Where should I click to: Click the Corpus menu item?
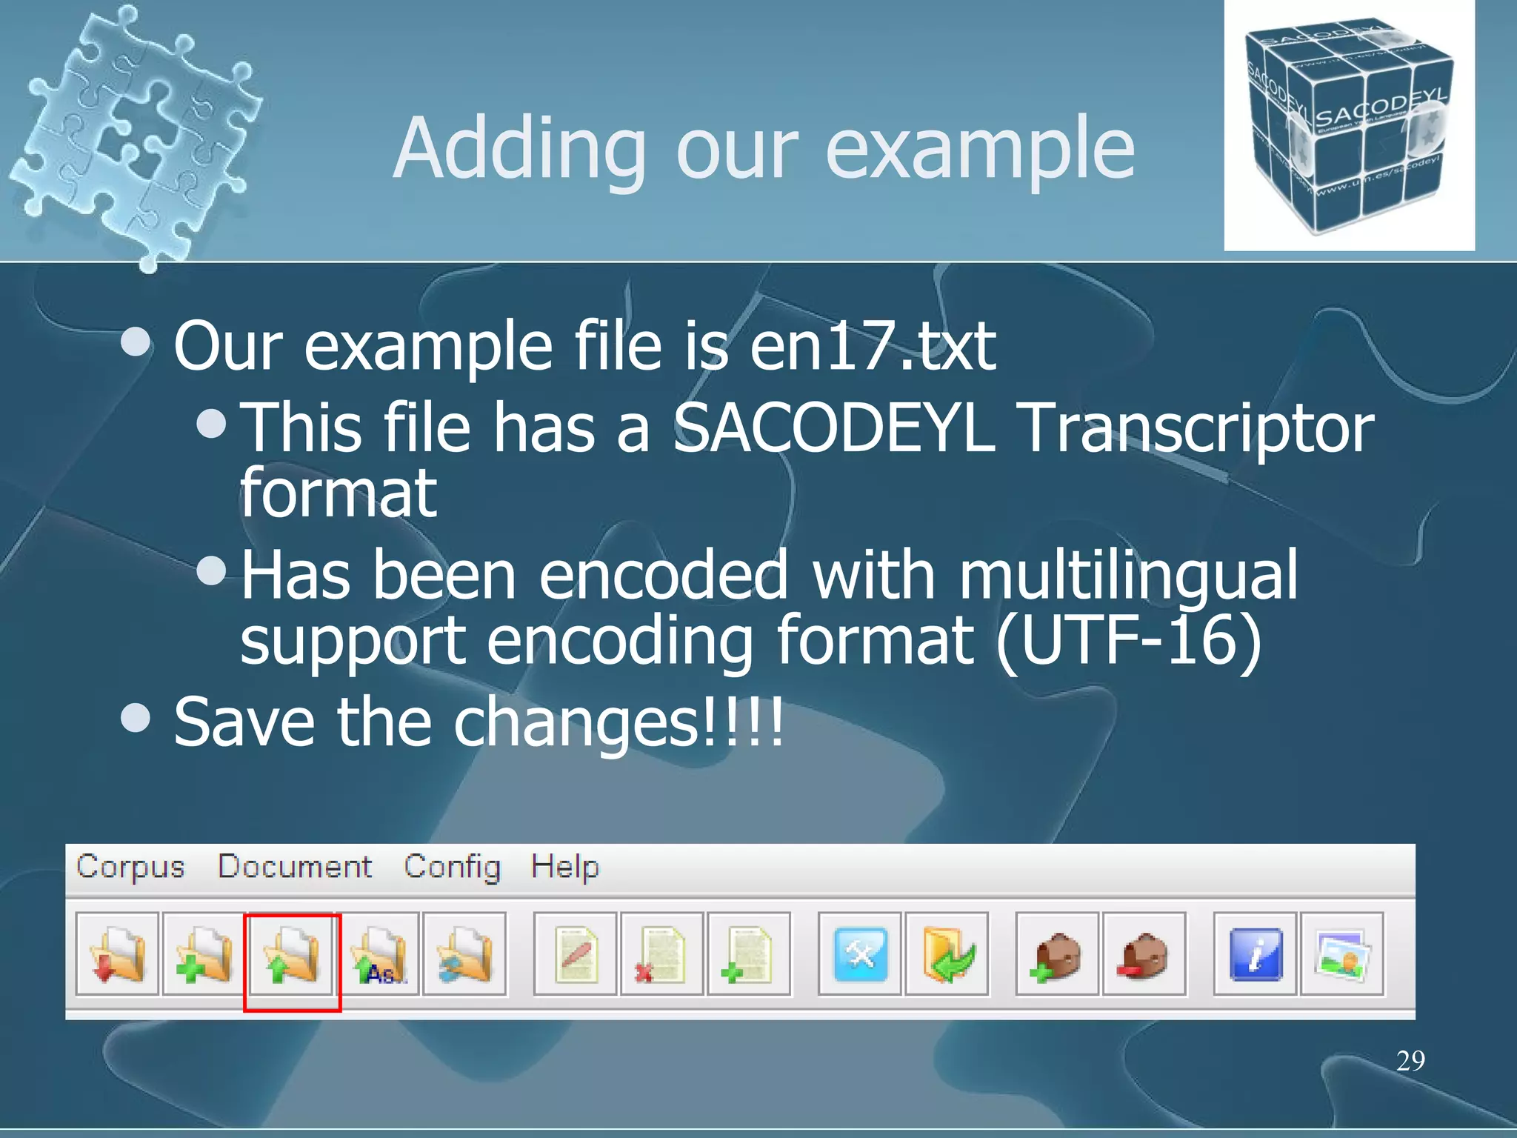[130, 866]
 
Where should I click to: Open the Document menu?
[294, 866]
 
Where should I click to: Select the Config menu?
[452, 866]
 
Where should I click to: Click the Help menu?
[564, 866]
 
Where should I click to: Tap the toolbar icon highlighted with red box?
[291, 954]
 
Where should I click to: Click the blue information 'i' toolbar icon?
[1255, 954]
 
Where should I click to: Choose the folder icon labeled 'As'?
[379, 954]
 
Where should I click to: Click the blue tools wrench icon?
[860, 954]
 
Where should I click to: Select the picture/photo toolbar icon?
[1341, 954]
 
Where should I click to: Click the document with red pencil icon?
[576, 954]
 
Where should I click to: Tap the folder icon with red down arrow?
[117, 954]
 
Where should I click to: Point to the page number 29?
[1410, 1060]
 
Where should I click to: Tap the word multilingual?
[1127, 576]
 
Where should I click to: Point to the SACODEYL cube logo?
[1348, 126]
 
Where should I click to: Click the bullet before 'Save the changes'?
[136, 717]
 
